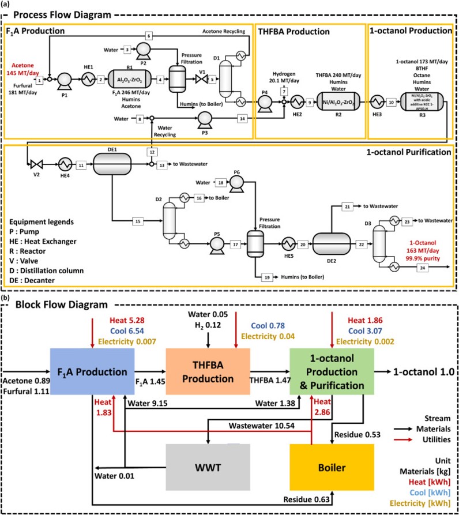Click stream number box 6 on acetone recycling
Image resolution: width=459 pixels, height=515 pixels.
[149, 36]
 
